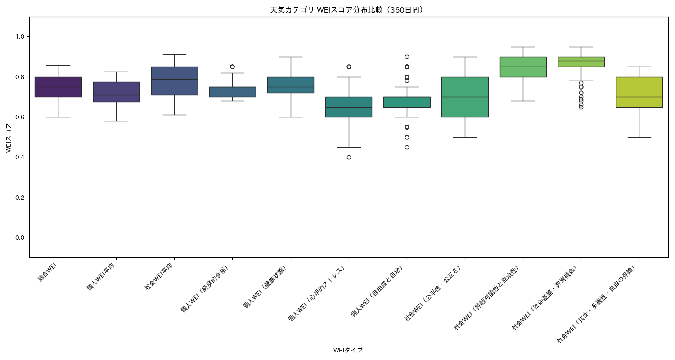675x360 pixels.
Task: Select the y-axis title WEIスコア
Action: pos(9,137)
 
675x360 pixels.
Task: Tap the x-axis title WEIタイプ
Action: pos(348,350)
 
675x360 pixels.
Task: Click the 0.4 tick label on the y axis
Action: pos(21,157)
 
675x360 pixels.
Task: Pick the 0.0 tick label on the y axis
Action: pos(21,238)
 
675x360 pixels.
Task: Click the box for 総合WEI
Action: pos(58,87)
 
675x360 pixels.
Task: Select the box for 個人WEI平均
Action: pos(116,92)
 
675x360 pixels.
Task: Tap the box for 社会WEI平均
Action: pos(174,81)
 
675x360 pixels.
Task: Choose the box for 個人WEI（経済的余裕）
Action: pos(232,92)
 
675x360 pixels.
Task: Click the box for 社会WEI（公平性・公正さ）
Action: pos(465,97)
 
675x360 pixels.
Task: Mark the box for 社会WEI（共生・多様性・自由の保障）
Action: pos(639,92)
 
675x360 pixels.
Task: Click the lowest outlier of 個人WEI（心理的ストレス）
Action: pos(349,157)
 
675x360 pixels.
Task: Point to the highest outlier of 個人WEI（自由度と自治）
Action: pos(407,57)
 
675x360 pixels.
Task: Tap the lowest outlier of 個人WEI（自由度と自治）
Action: pos(407,147)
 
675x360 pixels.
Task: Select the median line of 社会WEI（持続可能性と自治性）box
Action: pos(523,67)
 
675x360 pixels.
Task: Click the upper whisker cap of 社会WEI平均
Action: pos(174,54)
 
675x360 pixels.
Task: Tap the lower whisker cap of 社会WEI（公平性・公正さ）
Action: pos(465,137)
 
